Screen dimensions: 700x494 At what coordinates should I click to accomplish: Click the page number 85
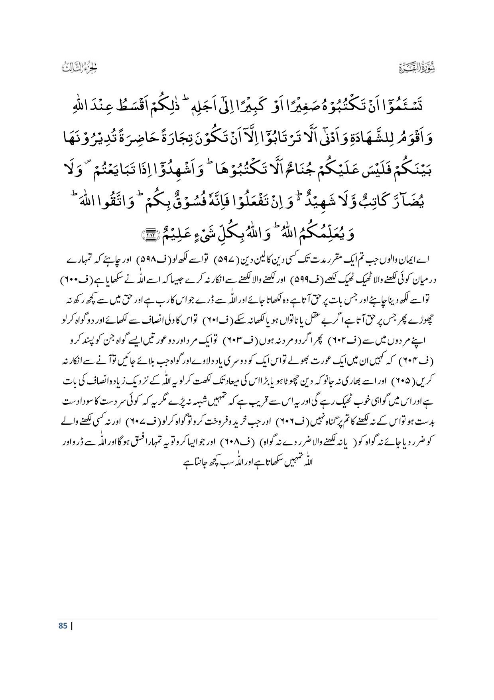63,626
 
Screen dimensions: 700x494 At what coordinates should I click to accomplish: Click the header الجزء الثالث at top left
80,68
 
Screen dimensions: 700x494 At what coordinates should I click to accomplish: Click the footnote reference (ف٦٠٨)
252,442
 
